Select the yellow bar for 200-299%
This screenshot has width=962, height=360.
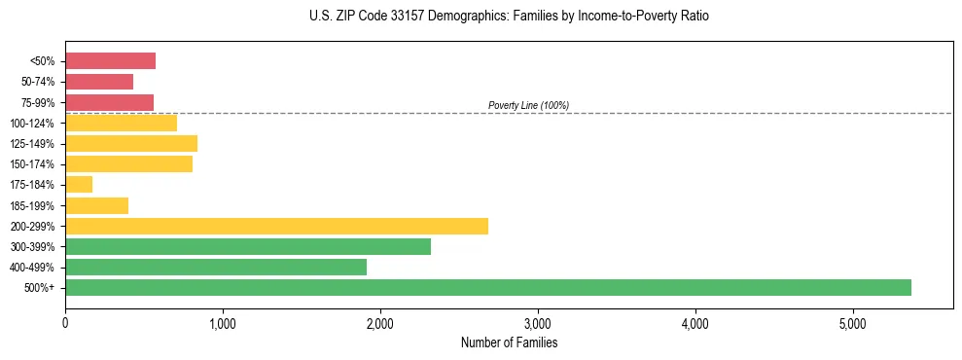coord(276,226)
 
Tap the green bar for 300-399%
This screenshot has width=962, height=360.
coord(248,246)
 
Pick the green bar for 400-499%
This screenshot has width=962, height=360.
coord(216,267)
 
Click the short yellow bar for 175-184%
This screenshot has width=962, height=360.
coord(79,184)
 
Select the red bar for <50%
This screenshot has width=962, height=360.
coord(110,61)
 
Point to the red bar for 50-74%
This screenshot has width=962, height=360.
coord(99,82)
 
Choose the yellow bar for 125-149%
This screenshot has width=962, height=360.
coord(131,143)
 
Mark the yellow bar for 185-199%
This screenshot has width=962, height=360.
coord(96,205)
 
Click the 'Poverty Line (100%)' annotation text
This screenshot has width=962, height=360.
coord(528,105)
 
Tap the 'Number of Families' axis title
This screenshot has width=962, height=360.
coord(509,342)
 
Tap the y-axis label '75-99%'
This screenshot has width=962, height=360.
coord(38,103)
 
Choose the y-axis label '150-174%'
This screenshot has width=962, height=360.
coord(34,164)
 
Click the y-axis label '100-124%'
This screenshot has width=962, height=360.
coord(34,124)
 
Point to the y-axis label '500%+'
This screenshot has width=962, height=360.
coord(41,288)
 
